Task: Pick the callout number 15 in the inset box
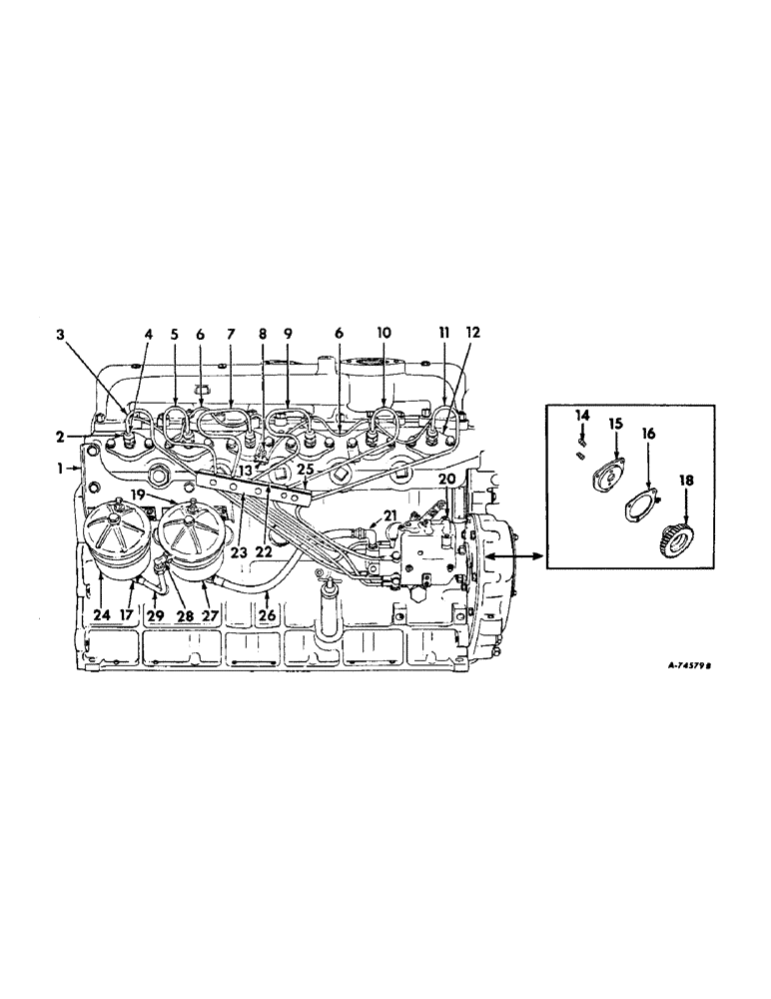[616, 425]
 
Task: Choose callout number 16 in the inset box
[649, 436]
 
